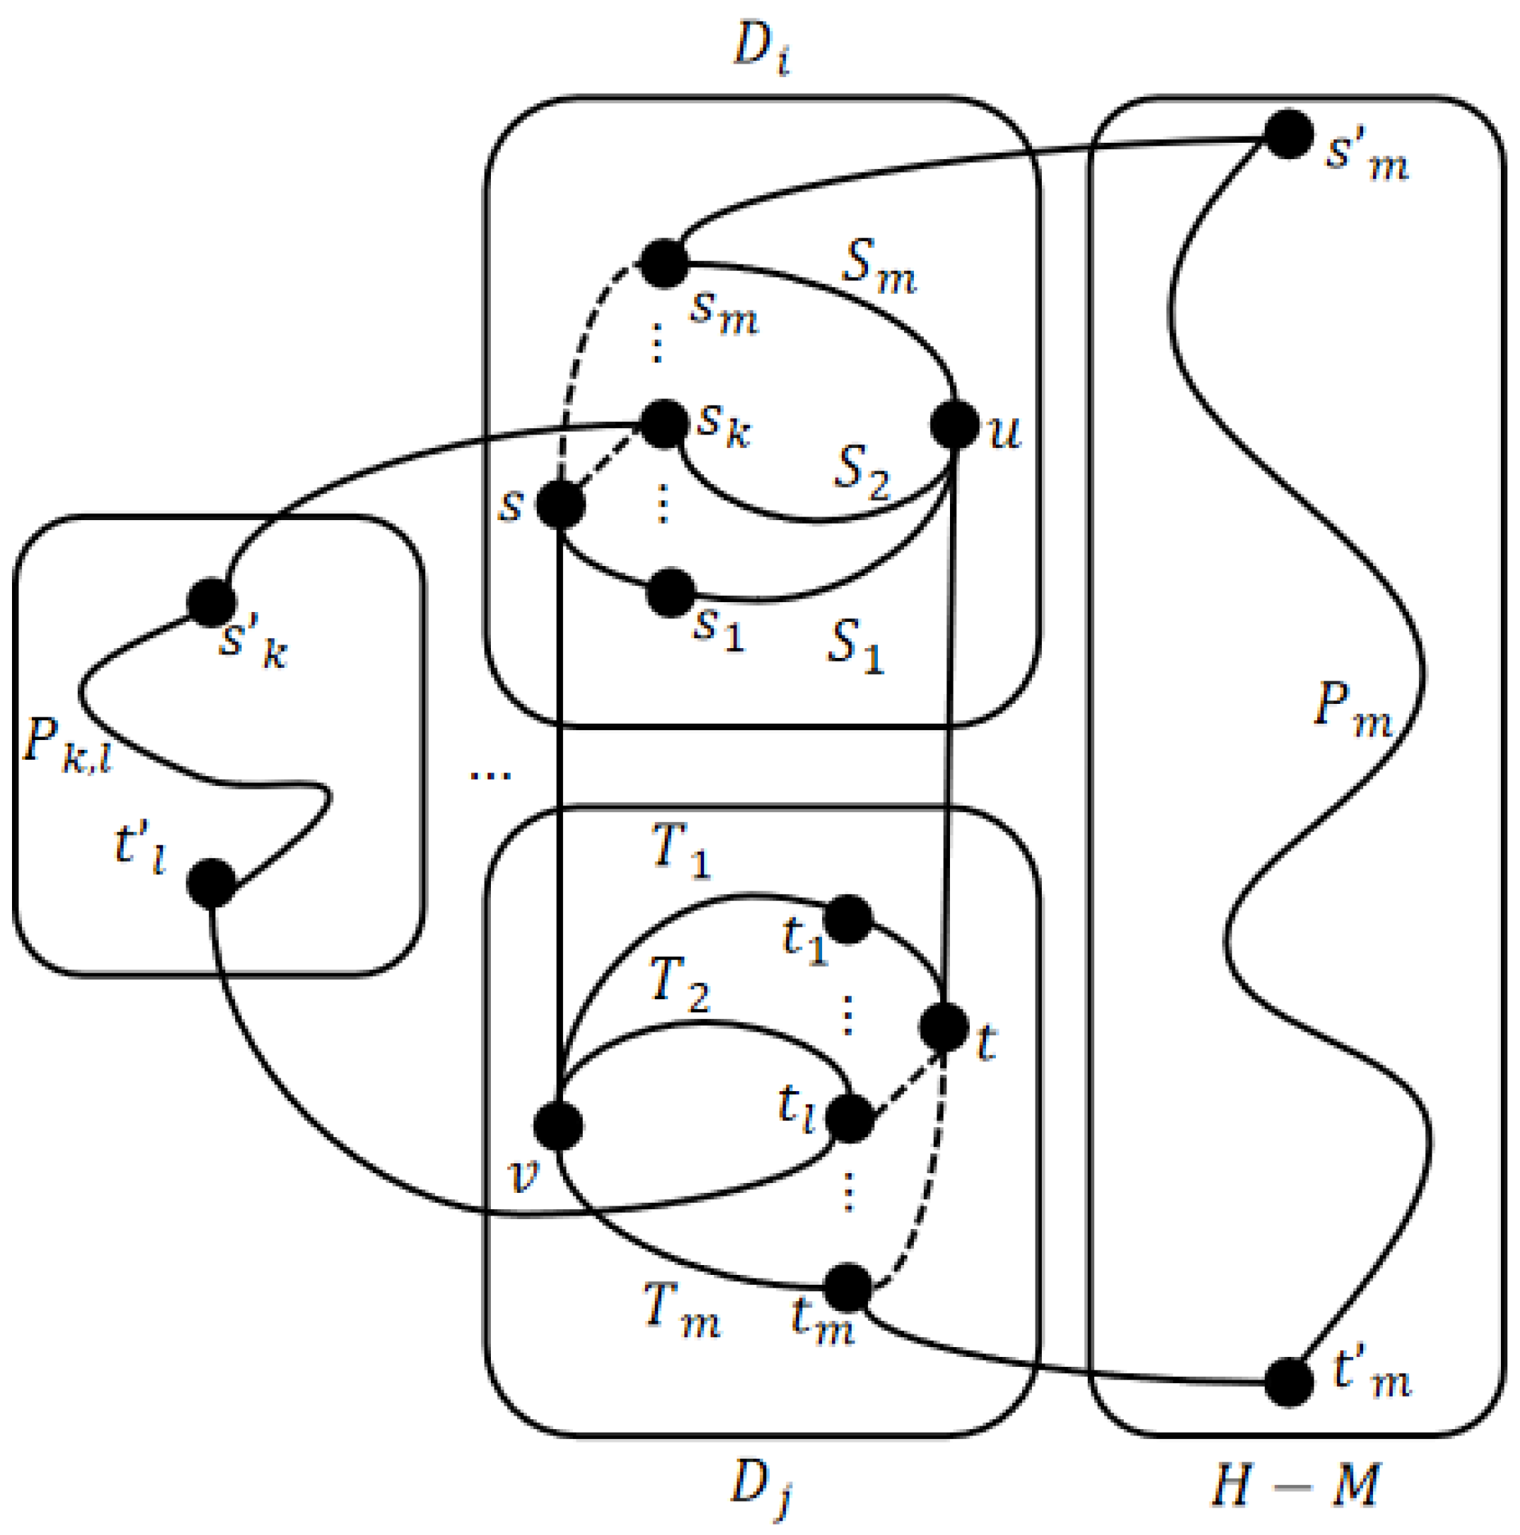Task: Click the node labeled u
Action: click(954, 425)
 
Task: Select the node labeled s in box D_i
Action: click(561, 505)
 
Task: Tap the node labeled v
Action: click(558, 1126)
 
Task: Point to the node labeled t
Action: click(944, 1026)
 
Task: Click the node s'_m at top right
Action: click(1288, 134)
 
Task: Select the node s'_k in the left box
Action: click(211, 601)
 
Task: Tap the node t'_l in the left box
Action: click(211, 882)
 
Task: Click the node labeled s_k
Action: click(664, 423)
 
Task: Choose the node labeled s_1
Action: click(671, 592)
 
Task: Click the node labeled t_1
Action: click(848, 919)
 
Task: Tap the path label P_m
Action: click(1352, 707)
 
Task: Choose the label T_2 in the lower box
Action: click(679, 984)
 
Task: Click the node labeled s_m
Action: click(664, 263)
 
